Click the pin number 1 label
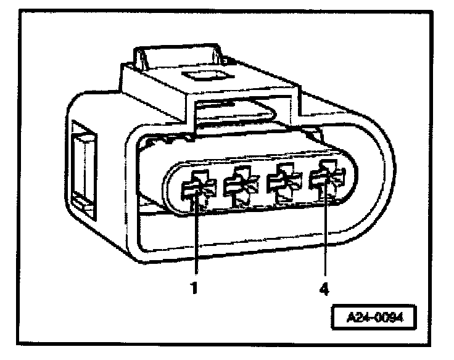[x=194, y=287]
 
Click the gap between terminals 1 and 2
[x=217, y=187]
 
